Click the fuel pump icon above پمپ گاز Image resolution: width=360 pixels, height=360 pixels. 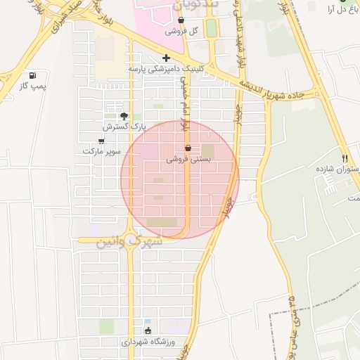tap(32, 75)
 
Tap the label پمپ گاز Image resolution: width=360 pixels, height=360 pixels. tap(32, 85)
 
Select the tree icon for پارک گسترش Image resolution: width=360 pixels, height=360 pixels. tap(124, 116)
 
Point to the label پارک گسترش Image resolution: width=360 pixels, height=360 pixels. tap(124, 127)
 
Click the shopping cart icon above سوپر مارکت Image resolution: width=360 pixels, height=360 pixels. tap(102, 141)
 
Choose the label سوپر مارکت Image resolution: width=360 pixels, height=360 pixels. tap(102, 151)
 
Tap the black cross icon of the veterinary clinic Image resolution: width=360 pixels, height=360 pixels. tap(166, 58)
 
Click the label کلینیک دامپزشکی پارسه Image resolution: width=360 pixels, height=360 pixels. tap(166, 70)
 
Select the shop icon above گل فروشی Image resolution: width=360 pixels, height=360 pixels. tap(181, 20)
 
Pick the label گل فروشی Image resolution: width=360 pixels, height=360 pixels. tap(181, 32)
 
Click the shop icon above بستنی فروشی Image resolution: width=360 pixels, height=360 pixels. tap(188, 148)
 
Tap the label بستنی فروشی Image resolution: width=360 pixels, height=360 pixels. tap(189, 160)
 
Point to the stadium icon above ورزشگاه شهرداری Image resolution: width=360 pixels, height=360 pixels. tap(148, 330)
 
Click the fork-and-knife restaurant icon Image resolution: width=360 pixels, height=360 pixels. tap(345, 158)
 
